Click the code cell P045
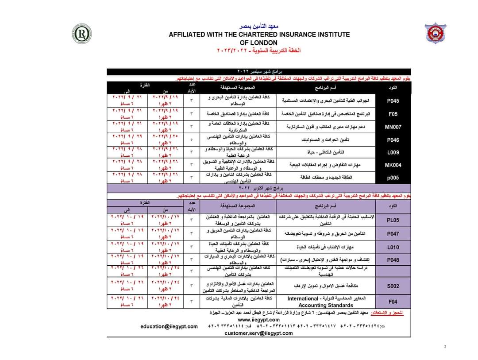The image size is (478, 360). [x=393, y=101]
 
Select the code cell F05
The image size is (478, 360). [x=393, y=114]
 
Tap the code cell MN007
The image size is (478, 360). [x=393, y=127]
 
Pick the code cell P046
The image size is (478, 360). [x=393, y=139]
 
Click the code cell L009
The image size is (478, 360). [x=393, y=152]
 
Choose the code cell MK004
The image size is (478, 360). [x=393, y=165]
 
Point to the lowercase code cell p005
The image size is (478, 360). [x=393, y=178]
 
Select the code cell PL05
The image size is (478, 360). [x=393, y=220]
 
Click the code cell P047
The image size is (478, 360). [x=393, y=233]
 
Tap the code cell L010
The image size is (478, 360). [x=393, y=248]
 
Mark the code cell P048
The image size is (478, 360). [x=393, y=260]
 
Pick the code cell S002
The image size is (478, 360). [x=393, y=286]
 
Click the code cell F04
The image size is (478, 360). [x=393, y=302]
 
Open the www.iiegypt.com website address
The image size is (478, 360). [x=259, y=320]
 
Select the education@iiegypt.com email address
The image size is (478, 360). [x=169, y=326]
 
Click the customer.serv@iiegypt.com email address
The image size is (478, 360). [x=259, y=333]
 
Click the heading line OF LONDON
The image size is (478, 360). [x=259, y=43]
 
